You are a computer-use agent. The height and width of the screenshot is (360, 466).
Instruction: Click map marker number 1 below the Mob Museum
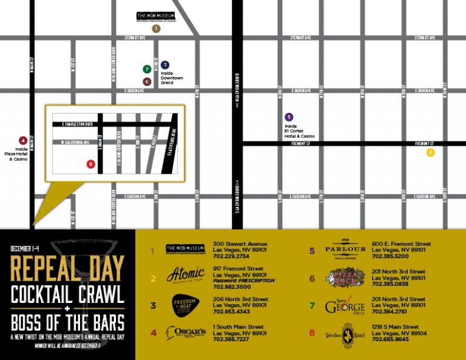point(157,28)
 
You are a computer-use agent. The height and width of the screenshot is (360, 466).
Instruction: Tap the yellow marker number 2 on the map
point(431,152)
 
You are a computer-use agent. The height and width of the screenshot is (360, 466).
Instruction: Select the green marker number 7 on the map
point(147,69)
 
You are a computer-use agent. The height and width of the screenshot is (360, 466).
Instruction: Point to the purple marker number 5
point(289,117)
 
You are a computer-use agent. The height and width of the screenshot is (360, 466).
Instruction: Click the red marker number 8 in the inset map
point(90,163)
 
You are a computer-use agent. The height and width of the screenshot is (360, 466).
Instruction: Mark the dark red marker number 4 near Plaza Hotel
point(22,140)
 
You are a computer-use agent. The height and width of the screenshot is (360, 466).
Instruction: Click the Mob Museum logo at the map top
point(155,16)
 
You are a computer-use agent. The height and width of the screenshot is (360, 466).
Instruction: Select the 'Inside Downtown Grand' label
point(167,78)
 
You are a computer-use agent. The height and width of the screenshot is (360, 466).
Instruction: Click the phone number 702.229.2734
point(231,257)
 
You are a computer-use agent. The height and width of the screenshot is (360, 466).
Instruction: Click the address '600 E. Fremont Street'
point(401,244)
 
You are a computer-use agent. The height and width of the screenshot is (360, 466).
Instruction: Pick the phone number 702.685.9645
point(390,339)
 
